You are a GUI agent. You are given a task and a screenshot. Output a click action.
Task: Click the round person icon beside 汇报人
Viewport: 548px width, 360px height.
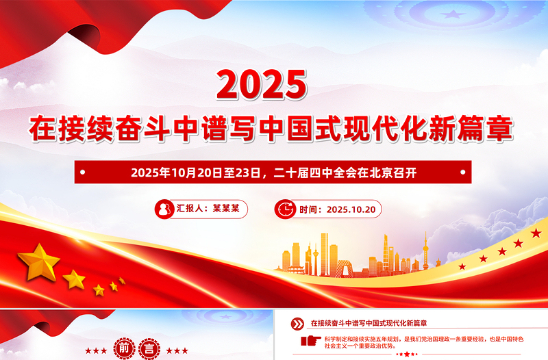(x=164, y=209)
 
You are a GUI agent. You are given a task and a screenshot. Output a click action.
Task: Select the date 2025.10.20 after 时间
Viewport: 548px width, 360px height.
(x=351, y=209)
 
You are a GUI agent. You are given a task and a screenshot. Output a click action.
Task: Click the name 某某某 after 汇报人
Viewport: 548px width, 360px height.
(x=226, y=209)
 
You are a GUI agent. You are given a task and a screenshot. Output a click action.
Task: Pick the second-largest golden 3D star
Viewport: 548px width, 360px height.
(x=74, y=278)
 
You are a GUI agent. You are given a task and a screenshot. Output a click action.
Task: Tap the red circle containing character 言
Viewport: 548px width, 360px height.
(x=147, y=349)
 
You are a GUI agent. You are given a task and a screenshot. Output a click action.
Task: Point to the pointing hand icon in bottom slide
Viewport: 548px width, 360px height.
(x=310, y=340)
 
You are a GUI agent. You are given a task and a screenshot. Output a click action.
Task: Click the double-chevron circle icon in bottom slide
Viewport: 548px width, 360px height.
(x=297, y=323)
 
